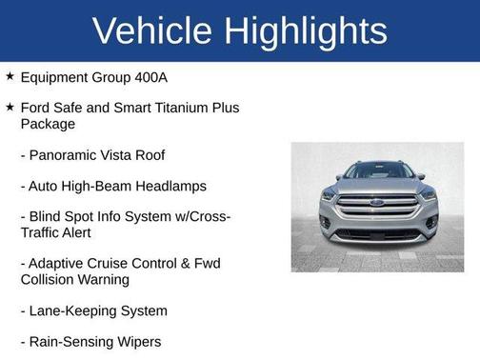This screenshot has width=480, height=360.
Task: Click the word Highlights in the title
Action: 309,30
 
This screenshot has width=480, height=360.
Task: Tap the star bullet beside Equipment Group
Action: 10,77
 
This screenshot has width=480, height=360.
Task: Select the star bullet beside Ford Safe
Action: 10,109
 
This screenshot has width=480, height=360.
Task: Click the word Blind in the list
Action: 50,217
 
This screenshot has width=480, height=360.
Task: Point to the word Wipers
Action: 137,341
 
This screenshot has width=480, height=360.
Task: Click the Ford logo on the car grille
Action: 378,202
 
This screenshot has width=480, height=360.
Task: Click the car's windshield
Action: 378,171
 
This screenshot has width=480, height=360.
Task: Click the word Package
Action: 48,124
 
